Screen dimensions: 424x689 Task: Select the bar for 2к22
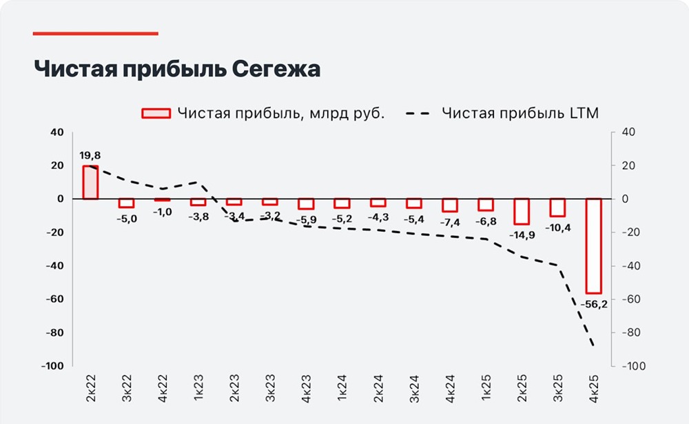90,182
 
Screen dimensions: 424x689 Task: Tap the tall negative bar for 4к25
593,245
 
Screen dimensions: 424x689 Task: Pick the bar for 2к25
522,211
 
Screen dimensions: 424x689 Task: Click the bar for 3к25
557,208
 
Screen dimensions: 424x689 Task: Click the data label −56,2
593,304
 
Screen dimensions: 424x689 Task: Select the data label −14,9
521,235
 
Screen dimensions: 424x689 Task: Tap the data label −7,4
449,222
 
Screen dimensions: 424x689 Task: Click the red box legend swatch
156,114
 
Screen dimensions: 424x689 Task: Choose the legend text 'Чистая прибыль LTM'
520,114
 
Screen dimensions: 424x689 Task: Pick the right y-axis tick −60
635,299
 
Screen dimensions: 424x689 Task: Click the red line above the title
96,33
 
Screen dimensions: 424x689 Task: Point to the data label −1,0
163,212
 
